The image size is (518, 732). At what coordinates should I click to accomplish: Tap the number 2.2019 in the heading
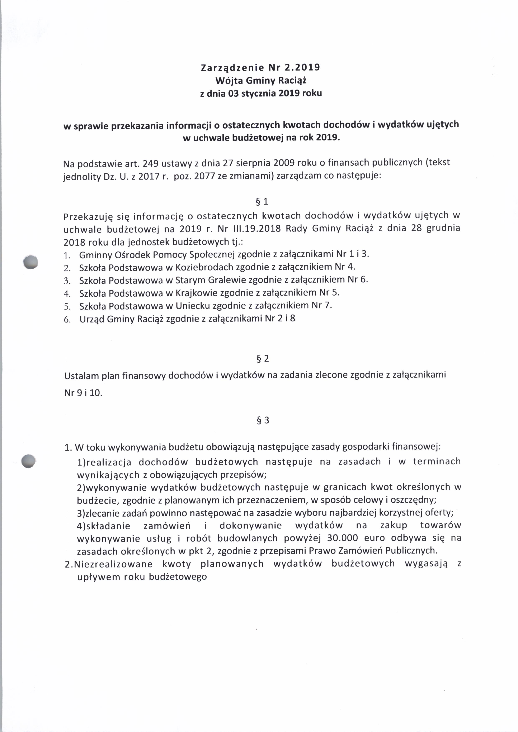tap(301, 68)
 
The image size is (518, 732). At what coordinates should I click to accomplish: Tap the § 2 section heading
tap(263, 359)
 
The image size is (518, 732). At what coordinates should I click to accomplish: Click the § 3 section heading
tap(263, 420)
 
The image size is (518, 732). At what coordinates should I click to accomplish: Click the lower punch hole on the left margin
tap(28, 461)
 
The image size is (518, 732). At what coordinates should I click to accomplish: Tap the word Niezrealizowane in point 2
tap(113, 564)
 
